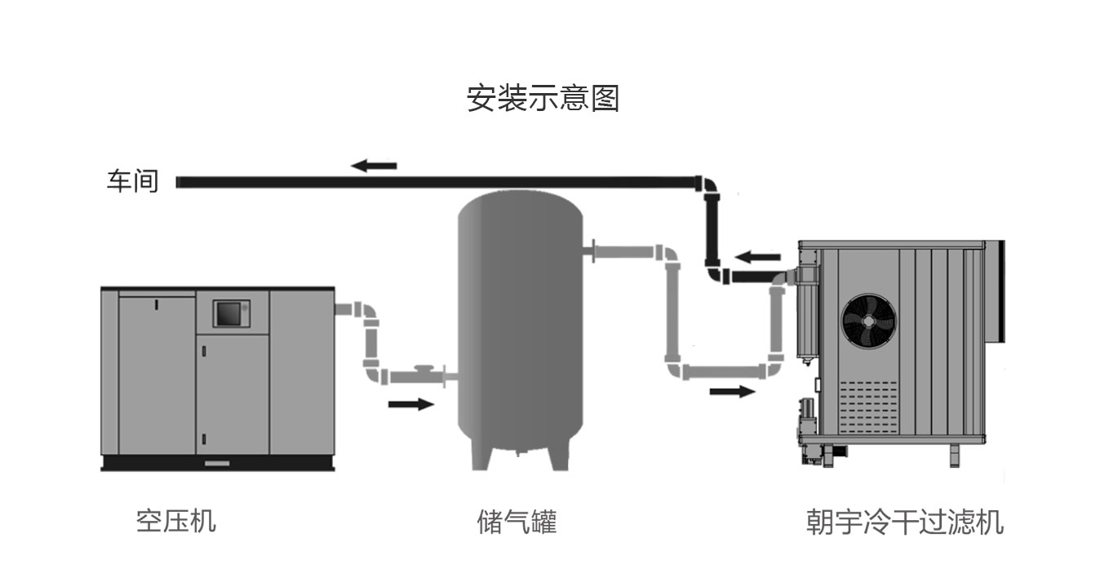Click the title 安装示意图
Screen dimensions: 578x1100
tap(543, 98)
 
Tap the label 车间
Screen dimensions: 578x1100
tap(132, 180)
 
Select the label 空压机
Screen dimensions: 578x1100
tap(176, 521)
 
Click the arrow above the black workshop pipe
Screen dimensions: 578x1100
tap(374, 166)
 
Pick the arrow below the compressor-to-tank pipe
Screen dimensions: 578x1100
tap(410, 403)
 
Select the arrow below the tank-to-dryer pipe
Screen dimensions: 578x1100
tap(732, 392)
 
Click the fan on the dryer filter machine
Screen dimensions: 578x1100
tap(868, 321)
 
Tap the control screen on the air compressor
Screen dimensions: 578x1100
tap(229, 313)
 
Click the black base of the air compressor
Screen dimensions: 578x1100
tap(217, 463)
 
